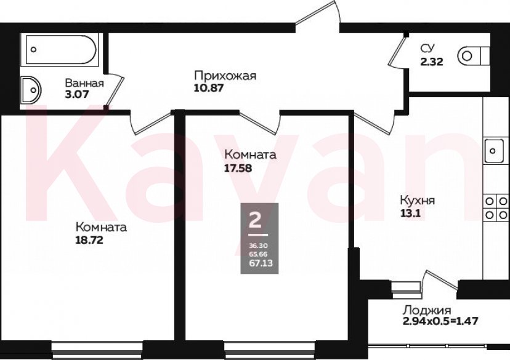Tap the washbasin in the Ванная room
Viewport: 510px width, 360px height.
tap(30, 90)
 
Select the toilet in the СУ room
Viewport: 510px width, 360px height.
tap(472, 55)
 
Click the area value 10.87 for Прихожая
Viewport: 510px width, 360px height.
tap(208, 88)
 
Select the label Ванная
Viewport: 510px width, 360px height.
tap(84, 84)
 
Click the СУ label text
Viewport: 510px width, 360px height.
tap(429, 49)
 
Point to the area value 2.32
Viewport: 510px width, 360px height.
tap(432, 60)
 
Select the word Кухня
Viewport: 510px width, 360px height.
tap(418, 201)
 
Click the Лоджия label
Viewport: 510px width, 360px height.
tap(427, 310)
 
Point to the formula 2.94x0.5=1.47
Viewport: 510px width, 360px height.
tap(440, 321)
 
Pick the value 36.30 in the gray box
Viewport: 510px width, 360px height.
tap(255, 245)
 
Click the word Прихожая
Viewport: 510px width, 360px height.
tap(224, 76)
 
